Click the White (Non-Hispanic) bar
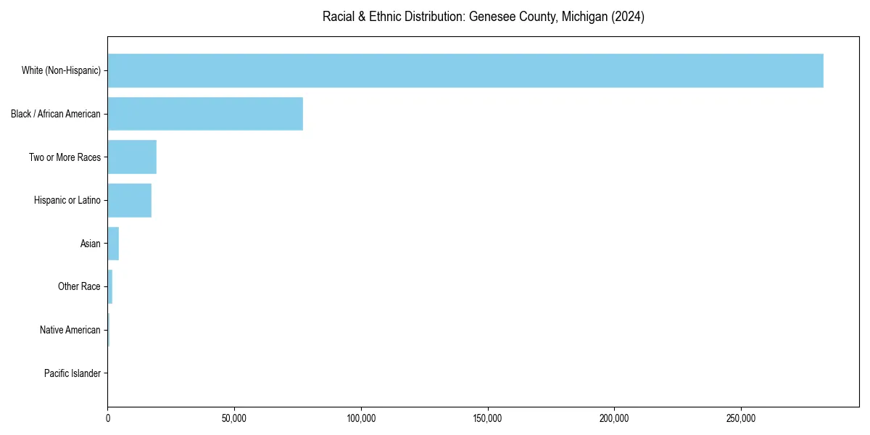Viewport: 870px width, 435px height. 465,70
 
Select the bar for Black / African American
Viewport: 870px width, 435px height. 205,114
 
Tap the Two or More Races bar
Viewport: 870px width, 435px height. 132,157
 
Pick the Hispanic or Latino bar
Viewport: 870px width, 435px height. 130,200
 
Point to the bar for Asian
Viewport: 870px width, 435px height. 113,244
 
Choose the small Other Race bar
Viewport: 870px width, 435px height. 110,286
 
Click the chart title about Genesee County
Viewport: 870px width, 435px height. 484,17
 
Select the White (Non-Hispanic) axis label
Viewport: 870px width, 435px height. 61,70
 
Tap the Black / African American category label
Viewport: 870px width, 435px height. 56,114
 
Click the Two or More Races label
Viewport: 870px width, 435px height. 65,157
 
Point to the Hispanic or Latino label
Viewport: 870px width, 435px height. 67,200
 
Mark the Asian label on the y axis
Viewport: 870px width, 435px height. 91,244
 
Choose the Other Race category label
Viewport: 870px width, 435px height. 79,286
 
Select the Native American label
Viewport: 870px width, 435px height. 70,330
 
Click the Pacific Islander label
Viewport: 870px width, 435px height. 72,373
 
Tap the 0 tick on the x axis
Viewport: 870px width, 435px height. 108,418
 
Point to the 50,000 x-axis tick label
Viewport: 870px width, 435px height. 234,418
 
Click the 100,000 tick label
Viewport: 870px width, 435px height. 361,418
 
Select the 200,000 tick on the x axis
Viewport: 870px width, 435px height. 614,418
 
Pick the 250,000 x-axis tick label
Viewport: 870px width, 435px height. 741,418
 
